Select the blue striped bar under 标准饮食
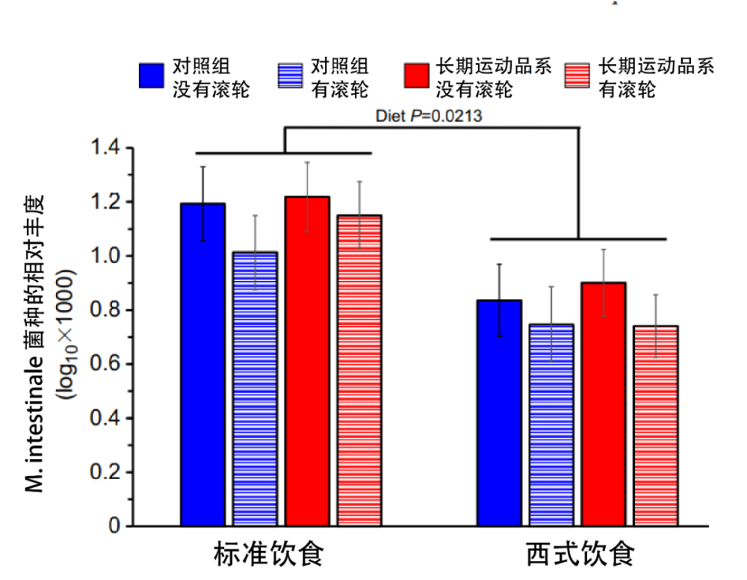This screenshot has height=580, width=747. pos(255,389)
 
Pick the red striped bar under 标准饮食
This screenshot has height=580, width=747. pos(359,371)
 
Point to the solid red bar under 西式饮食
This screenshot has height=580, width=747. pos(604,404)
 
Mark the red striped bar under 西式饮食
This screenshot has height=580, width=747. pos(655,425)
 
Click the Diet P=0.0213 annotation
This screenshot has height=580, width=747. pos(428,116)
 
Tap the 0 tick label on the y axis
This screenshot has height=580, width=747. pos(114,526)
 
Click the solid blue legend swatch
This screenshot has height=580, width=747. pos(151,75)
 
